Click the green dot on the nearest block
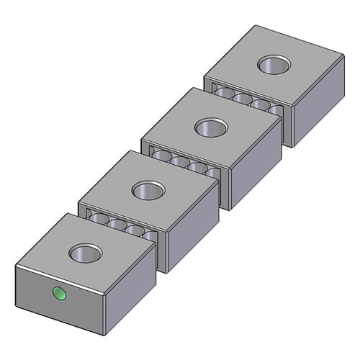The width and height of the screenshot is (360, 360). (x=58, y=293)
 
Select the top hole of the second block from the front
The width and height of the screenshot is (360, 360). (x=148, y=191)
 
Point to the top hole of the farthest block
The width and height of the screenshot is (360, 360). (x=274, y=66)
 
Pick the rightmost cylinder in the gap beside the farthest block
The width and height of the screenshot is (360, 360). (x=275, y=111)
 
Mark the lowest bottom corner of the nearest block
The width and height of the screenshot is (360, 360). (x=109, y=336)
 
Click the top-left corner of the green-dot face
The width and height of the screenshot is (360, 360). (x=16, y=266)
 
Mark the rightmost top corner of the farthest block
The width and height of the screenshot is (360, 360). (x=343, y=53)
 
